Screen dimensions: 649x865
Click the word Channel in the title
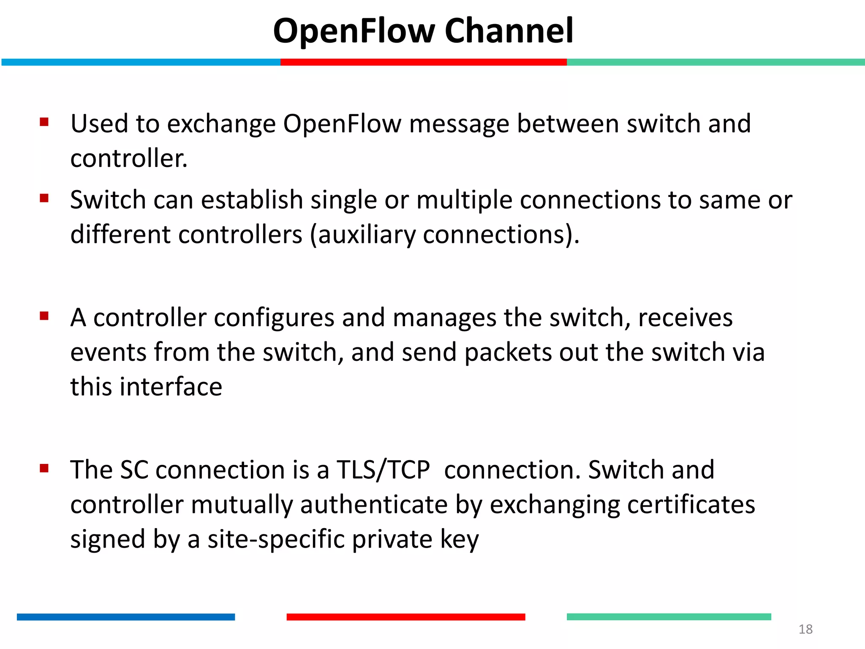click(509, 31)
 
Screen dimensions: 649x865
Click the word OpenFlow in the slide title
click(354, 32)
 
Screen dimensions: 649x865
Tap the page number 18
click(805, 629)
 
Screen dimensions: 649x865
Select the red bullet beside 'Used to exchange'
click(44, 122)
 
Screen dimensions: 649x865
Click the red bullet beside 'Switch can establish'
click(44, 198)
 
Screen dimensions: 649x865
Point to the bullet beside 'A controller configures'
click(44, 316)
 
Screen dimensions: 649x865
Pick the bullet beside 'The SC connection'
click(44, 468)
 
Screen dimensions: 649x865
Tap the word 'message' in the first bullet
click(459, 124)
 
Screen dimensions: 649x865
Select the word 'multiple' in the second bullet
click(464, 200)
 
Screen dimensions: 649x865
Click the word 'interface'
click(171, 387)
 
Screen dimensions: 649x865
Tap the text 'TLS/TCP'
click(383, 470)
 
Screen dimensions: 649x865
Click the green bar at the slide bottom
click(669, 617)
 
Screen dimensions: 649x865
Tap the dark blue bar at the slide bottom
click(126, 617)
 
